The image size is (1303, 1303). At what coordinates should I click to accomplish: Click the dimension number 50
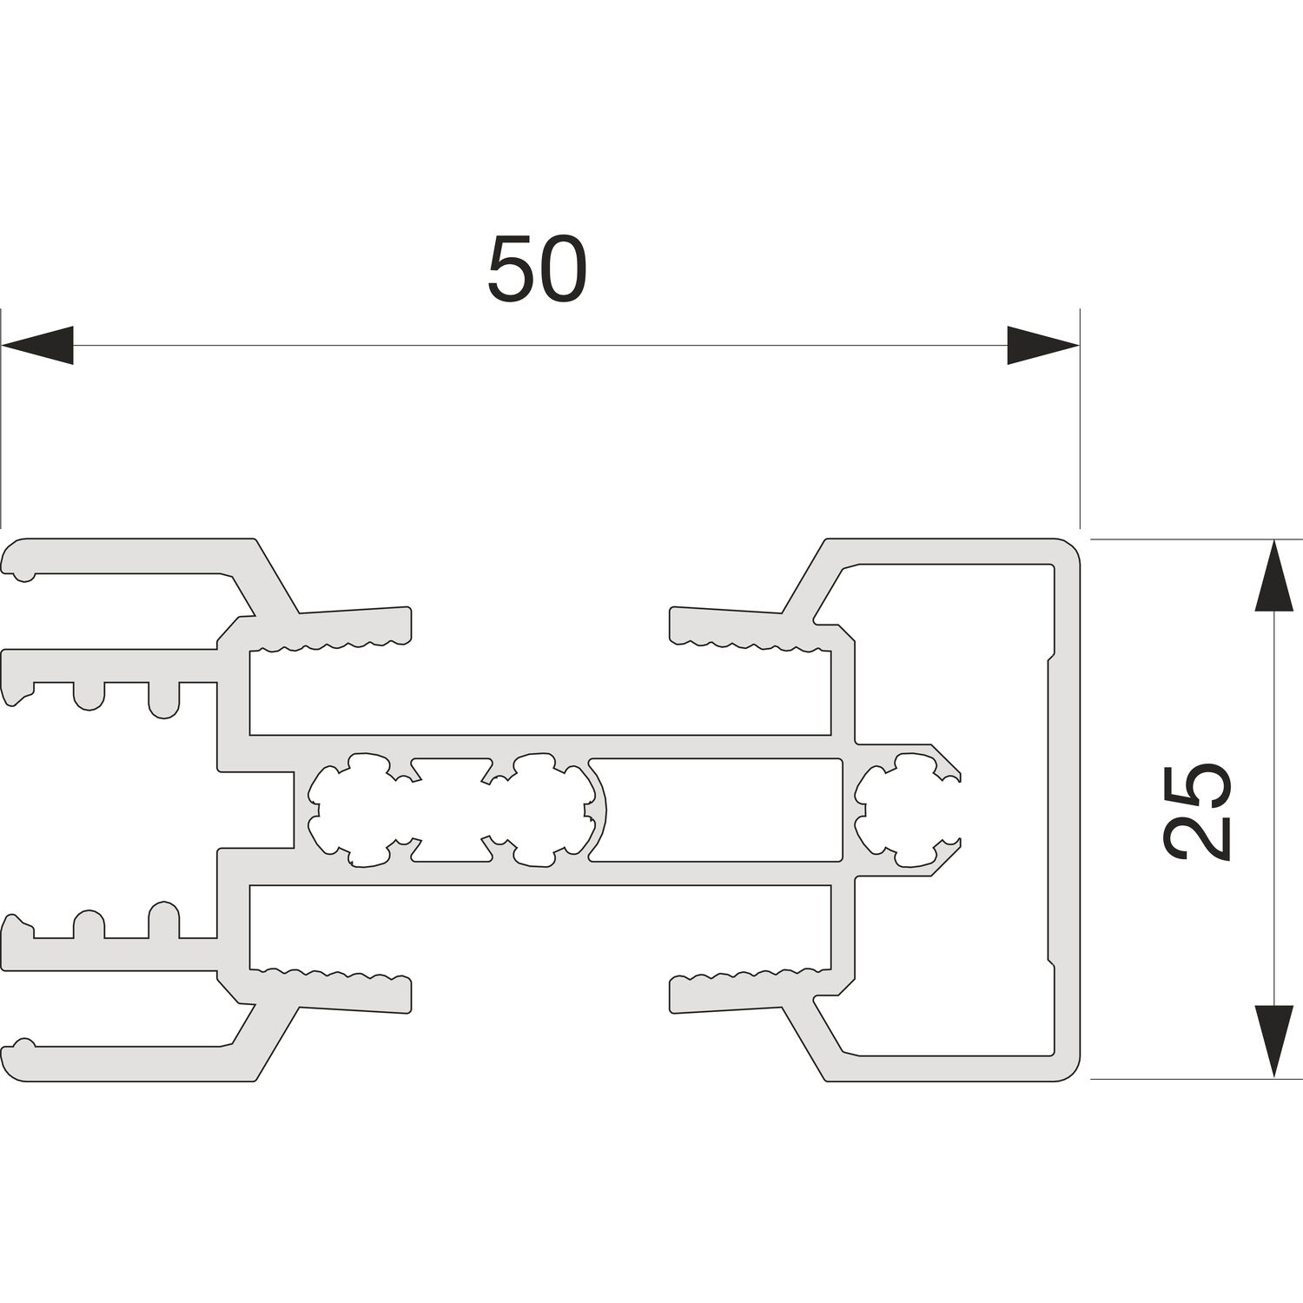click(537, 268)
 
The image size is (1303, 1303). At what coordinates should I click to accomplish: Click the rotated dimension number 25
click(1196, 811)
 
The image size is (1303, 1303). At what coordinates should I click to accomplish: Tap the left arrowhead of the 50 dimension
click(37, 345)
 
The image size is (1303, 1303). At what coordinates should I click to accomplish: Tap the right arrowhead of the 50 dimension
click(1042, 345)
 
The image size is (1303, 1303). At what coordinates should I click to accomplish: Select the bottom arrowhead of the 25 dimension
click(1273, 1042)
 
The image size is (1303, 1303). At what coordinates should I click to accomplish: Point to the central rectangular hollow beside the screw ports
click(718, 810)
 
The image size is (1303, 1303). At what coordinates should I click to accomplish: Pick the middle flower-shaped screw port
click(547, 810)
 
